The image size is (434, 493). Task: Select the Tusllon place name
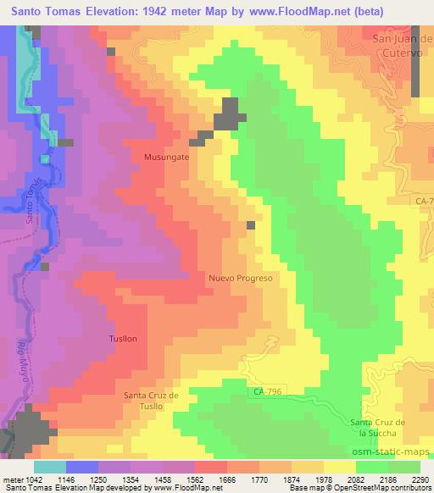coord(123,339)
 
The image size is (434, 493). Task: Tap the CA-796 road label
coord(270,391)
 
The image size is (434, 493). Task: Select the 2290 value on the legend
coord(420,479)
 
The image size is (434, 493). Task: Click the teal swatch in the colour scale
coord(50,466)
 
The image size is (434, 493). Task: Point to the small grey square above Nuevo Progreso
coord(251,225)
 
